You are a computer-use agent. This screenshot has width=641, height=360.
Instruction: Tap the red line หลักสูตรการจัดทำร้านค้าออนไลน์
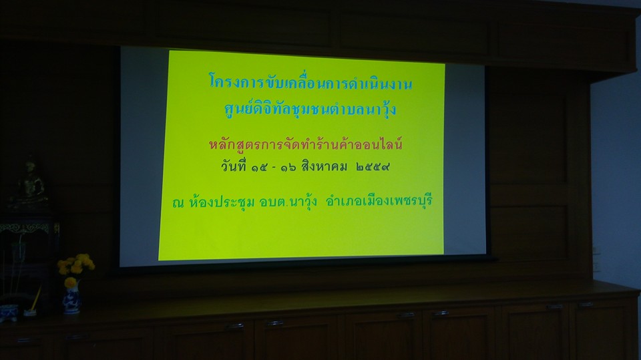pyautogui.click(x=306, y=144)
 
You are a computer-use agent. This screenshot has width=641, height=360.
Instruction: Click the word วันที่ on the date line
pyautogui.click(x=234, y=166)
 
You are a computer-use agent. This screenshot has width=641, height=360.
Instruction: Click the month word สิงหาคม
pyautogui.click(x=325, y=166)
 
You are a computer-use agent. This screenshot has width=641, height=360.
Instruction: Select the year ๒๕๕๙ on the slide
pyautogui.click(x=373, y=167)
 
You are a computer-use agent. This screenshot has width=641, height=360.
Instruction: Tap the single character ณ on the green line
pyautogui.click(x=178, y=203)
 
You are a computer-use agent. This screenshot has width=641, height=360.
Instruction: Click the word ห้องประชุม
pyautogui.click(x=222, y=202)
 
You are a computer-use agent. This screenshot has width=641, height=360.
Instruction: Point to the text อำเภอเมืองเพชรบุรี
pyautogui.click(x=379, y=201)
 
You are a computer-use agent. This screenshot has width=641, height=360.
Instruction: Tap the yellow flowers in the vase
pyautogui.click(x=75, y=266)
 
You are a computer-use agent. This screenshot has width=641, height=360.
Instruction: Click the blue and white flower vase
pyautogui.click(x=71, y=299)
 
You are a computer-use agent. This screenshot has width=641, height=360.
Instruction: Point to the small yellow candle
pyautogui.click(x=35, y=300)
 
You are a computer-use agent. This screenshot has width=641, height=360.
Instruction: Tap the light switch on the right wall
pyautogui.click(x=596, y=258)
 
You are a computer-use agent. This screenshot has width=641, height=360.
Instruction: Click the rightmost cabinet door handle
pyautogui.click(x=586, y=305)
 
